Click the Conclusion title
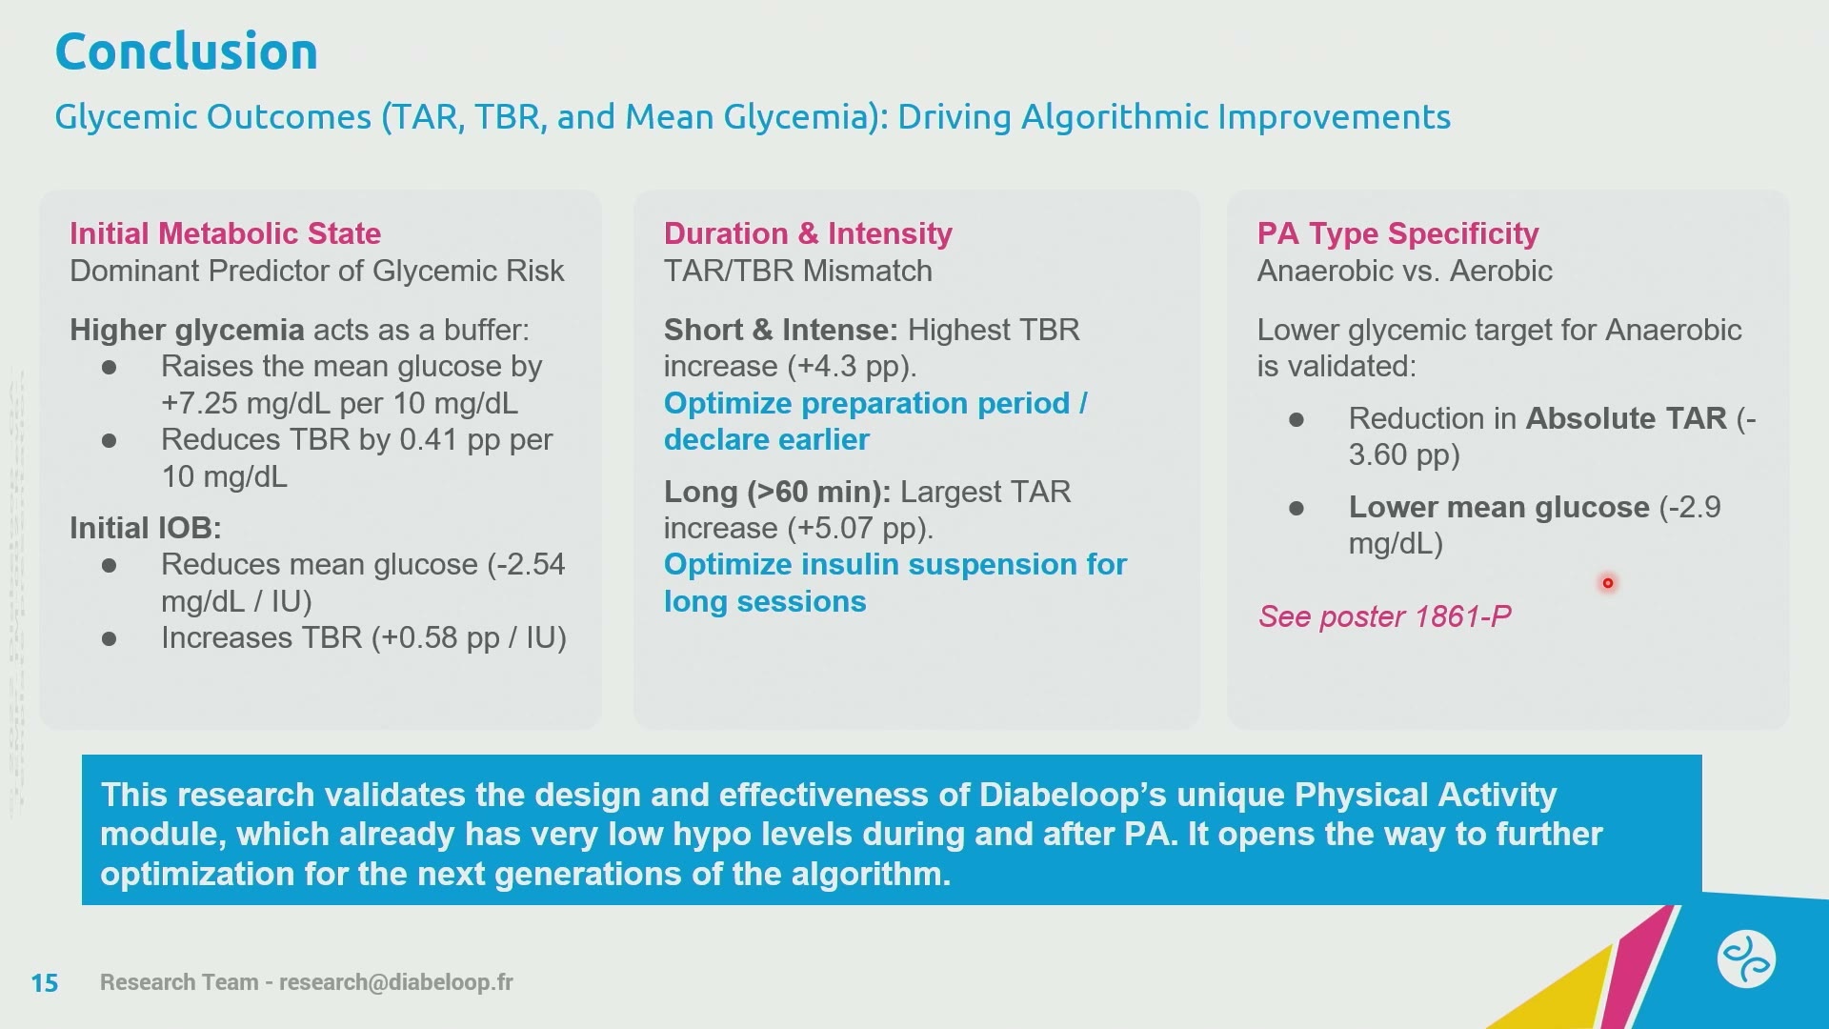187,51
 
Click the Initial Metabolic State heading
225,233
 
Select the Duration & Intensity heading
808,233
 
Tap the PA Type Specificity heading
1397,233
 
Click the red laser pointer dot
1608,583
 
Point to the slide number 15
45,982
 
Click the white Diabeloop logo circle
1746,958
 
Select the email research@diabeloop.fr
396,982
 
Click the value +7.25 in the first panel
199,403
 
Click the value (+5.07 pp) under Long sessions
860,529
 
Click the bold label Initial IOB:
146,528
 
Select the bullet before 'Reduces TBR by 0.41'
110,441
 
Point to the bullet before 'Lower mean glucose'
1296,509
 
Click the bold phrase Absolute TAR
1626,418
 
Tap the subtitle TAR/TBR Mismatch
798,272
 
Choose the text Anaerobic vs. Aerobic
1405,272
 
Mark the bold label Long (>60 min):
777,492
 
